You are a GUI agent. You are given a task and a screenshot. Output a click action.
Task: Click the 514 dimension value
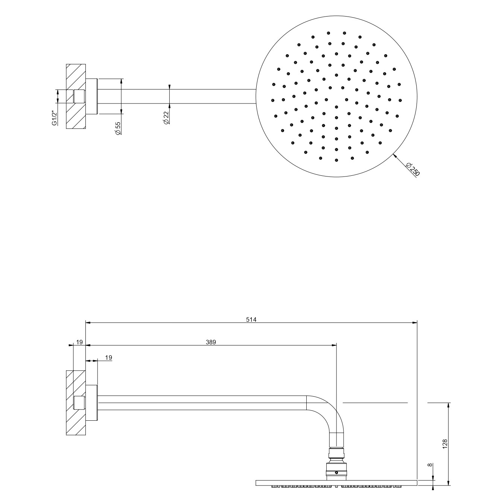click(x=251, y=319)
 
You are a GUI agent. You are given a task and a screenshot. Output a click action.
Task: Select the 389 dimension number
click(x=211, y=342)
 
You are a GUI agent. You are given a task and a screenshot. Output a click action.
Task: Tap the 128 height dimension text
click(x=445, y=444)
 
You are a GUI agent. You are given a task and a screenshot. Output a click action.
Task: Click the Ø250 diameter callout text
click(x=413, y=169)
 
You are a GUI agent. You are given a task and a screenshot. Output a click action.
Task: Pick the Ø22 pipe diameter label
click(x=167, y=118)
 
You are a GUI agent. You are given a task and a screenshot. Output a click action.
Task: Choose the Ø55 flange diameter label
click(x=118, y=128)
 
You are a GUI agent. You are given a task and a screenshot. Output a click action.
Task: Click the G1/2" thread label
click(x=54, y=118)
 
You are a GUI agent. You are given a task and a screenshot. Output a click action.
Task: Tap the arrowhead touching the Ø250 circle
click(x=395, y=156)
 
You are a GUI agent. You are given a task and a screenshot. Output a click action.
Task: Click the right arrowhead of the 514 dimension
click(x=415, y=323)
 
